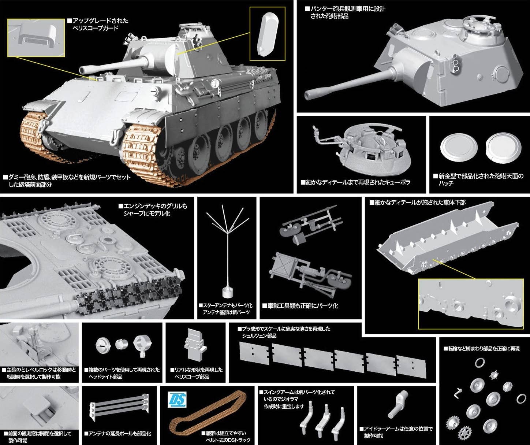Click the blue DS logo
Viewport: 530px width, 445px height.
pos(177,400)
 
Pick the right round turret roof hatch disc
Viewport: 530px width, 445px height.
pos(504,148)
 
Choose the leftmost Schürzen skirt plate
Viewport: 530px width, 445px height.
pos(255,353)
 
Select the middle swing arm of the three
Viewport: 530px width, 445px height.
pos(324,416)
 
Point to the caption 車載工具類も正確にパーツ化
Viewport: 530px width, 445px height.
pos(303,306)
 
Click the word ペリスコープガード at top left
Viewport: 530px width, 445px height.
pos(96,28)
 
